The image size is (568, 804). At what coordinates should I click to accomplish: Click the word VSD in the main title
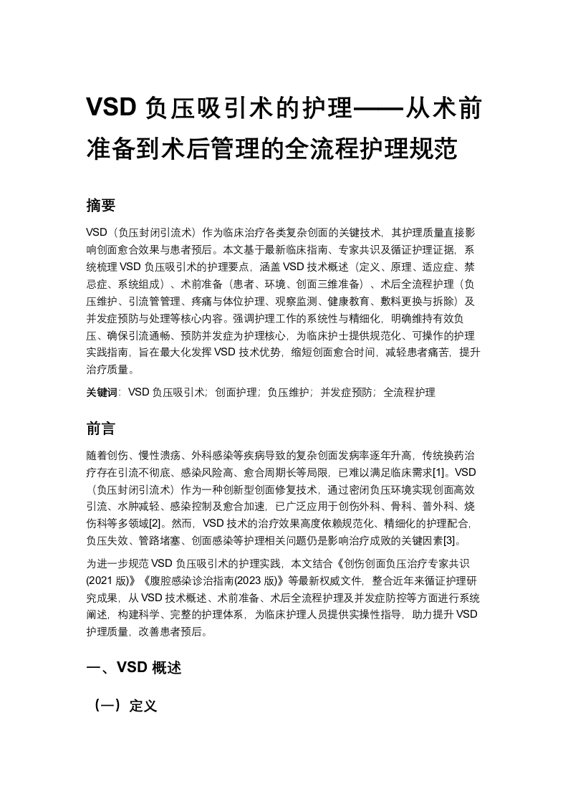pos(111,108)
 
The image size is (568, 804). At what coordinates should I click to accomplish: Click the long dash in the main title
pos(379,108)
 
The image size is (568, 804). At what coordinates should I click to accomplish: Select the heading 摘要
pos(101,206)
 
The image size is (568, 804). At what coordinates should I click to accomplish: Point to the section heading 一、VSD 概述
pos(134,668)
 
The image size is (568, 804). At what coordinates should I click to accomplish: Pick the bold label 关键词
pos(101,392)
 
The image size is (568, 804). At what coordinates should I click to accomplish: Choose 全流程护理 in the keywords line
pos(409,392)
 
